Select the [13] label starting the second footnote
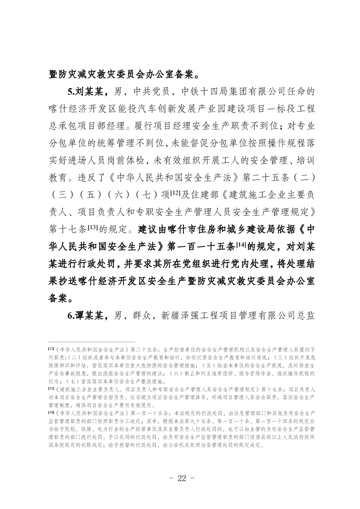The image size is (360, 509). pos(51,389)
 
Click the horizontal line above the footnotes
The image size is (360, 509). pos(91,342)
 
